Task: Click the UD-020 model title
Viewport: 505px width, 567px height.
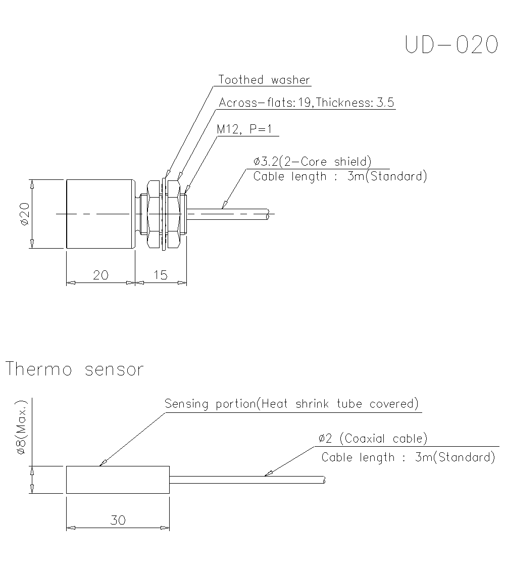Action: (451, 45)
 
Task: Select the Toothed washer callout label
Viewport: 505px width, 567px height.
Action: (264, 80)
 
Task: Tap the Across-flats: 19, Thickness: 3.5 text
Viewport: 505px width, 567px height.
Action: (306, 103)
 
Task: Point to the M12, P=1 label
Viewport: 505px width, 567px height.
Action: (244, 129)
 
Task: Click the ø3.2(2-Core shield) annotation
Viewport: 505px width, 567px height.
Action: (312, 162)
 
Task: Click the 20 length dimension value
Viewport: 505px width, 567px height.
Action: (100, 275)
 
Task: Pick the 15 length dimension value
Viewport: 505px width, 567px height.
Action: (160, 275)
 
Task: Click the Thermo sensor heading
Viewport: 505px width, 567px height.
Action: (74, 369)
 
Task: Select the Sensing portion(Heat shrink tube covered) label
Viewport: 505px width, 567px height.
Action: (292, 404)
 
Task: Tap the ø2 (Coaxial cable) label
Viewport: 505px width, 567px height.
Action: (373, 438)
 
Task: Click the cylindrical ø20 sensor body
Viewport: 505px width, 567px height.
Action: (100, 214)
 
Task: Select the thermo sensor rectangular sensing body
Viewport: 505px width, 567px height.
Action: (118, 480)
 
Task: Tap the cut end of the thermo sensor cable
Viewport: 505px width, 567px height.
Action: (323, 480)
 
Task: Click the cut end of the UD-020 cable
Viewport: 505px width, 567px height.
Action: (269, 214)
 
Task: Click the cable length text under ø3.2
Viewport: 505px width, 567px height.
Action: (340, 176)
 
